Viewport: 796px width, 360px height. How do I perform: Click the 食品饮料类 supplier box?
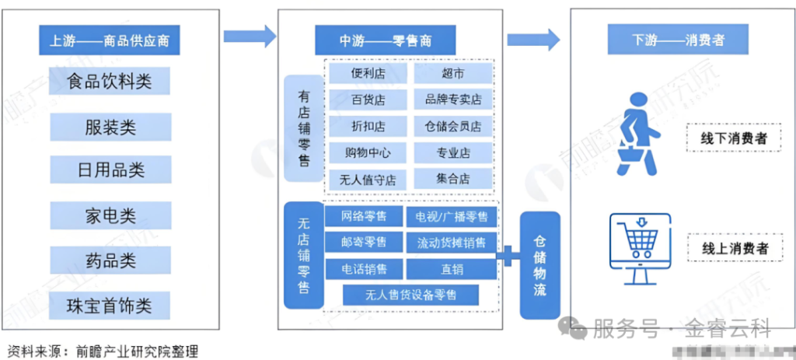(x=109, y=81)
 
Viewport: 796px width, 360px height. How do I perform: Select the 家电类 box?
(x=109, y=214)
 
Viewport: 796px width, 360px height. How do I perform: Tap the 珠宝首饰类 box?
(x=109, y=305)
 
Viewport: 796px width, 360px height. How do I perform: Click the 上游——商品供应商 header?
(x=109, y=40)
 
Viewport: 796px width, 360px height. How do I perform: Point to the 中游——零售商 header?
(x=386, y=40)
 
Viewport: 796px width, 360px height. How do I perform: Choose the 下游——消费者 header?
(x=668, y=40)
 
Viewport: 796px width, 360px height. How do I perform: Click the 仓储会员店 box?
(x=453, y=126)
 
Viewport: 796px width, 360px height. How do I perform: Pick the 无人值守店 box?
(x=368, y=179)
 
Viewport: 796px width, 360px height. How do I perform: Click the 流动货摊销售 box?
(x=452, y=243)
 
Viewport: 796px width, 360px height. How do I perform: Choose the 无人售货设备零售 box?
(x=411, y=295)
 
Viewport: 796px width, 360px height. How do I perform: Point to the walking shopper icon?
(x=637, y=133)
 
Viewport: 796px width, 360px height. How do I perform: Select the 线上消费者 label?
(x=728, y=248)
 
